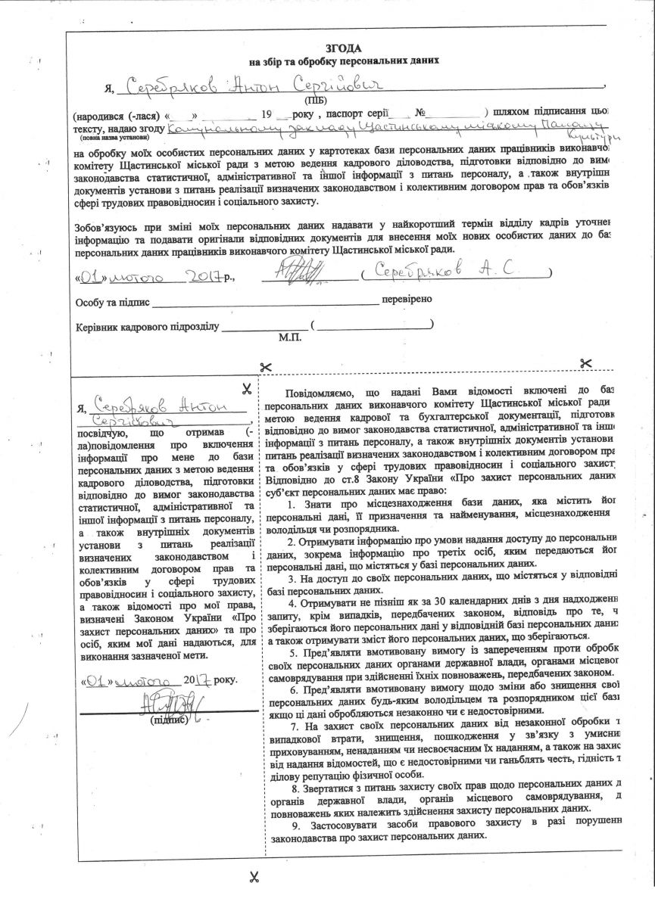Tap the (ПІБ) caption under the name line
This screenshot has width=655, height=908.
coord(313,100)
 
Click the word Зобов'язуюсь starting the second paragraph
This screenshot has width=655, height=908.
coord(104,228)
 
